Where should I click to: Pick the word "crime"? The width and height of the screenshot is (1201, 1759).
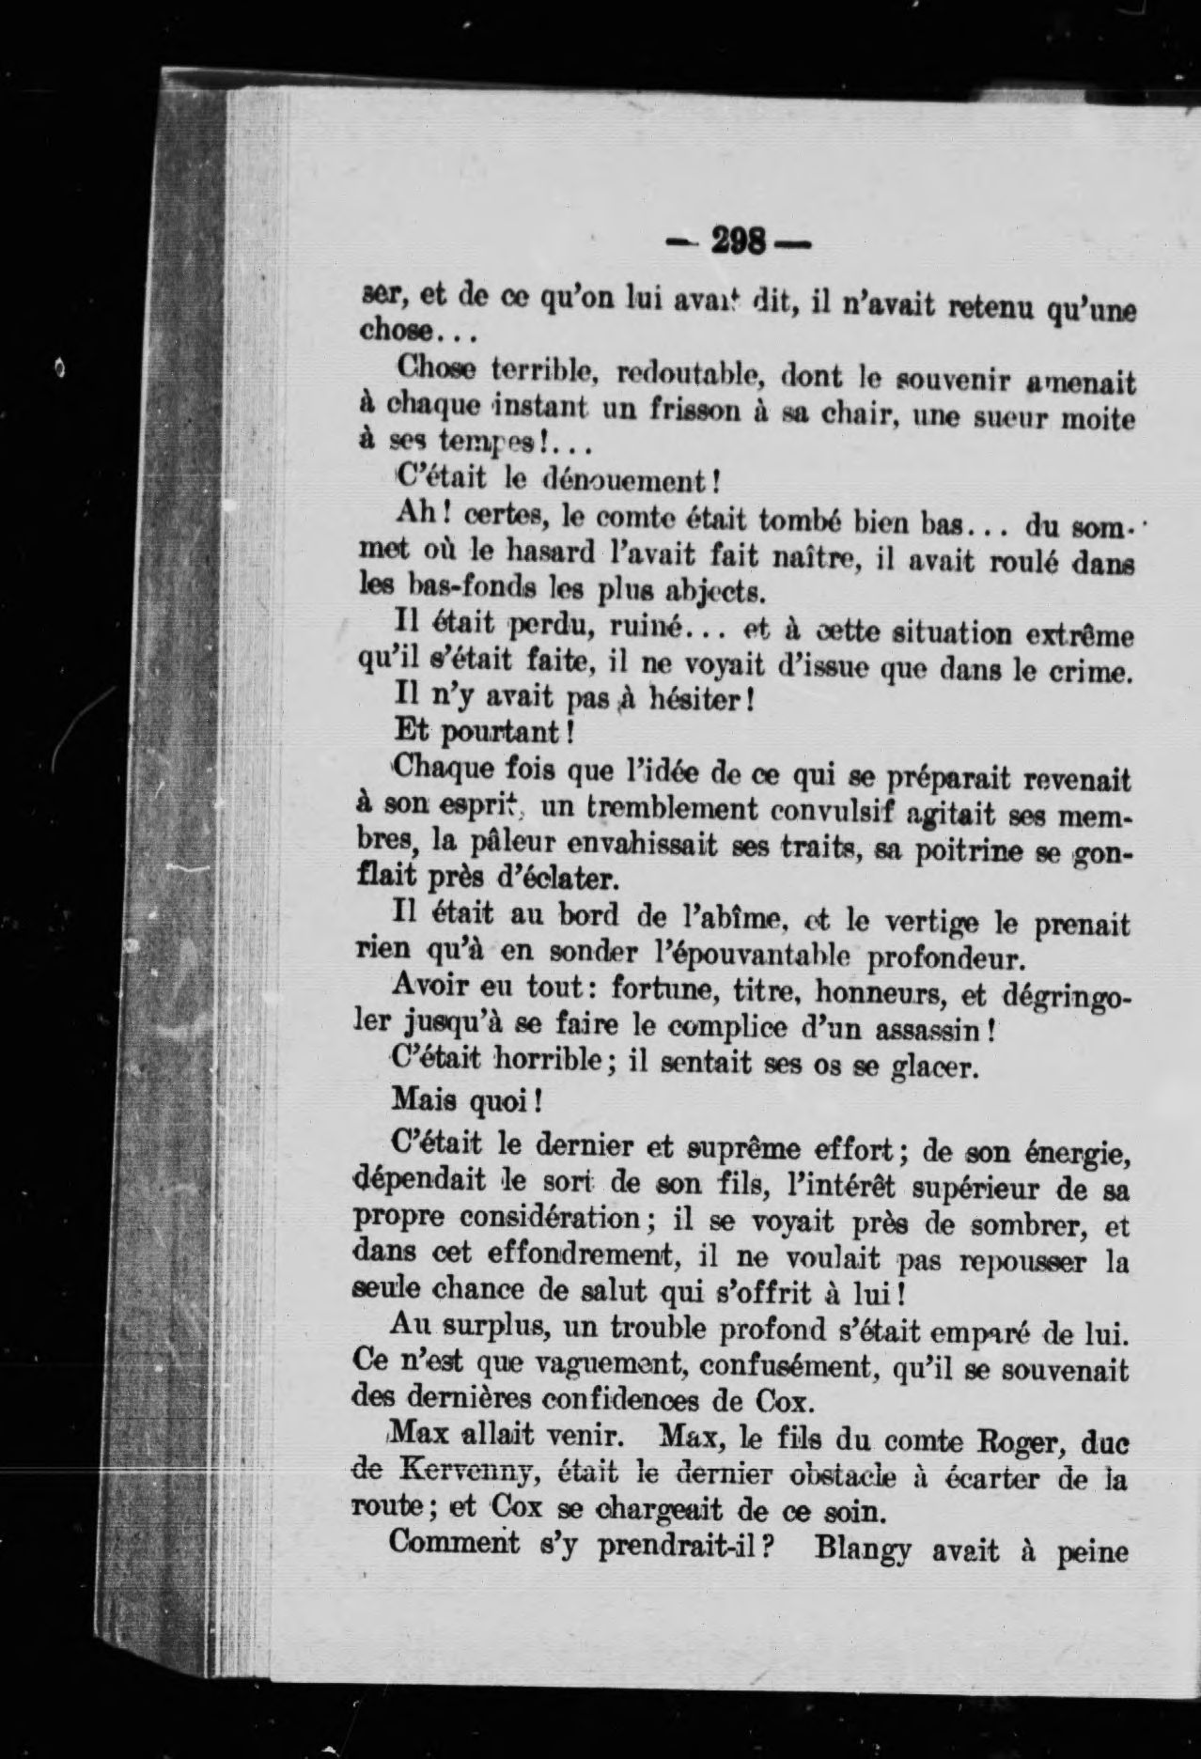click(x=1088, y=671)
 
